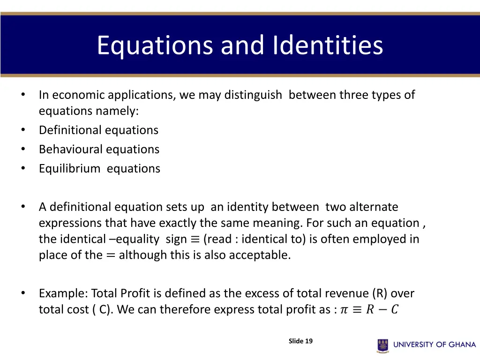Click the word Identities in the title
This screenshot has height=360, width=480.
coord(328,45)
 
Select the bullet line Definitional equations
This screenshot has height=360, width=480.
coord(98,130)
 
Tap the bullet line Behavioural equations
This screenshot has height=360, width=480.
coord(99,150)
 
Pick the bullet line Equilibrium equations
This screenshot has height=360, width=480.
coord(99,169)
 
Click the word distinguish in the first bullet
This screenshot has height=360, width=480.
coord(253,95)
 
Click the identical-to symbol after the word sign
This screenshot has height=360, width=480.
coord(195,239)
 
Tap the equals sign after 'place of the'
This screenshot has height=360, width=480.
coord(111,255)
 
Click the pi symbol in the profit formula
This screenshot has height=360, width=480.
coord(344,310)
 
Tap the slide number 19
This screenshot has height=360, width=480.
coord(308,341)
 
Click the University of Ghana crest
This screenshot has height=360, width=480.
coord(383,345)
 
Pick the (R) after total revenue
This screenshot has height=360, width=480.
coord(380,293)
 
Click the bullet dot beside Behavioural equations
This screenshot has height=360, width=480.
coord(22,150)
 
